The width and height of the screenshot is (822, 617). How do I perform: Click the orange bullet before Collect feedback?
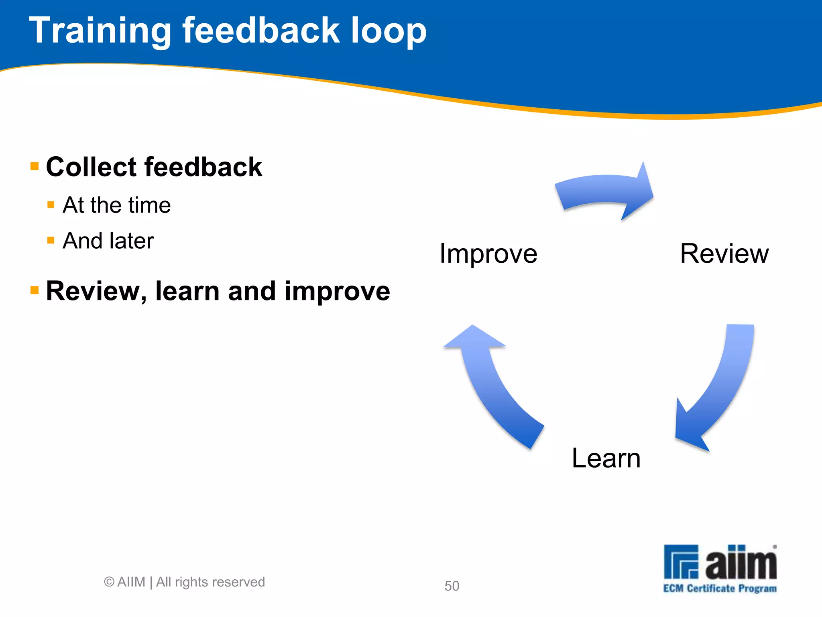click(x=35, y=166)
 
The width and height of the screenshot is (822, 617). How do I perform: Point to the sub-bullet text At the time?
click(x=116, y=205)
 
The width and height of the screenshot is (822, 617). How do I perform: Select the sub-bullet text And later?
click(x=108, y=241)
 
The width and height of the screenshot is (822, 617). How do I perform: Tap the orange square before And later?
click(x=51, y=240)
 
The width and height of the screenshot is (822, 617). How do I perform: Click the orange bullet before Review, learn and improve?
click(x=35, y=290)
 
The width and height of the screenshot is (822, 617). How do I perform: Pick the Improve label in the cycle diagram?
click(x=488, y=254)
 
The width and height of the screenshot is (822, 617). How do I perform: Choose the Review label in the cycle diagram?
click(x=724, y=254)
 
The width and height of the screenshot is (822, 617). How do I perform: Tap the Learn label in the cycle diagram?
click(x=606, y=458)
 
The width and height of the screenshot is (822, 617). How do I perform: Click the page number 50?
click(x=452, y=586)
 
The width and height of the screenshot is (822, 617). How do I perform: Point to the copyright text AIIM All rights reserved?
click(x=185, y=582)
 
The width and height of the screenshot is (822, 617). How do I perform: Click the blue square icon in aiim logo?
click(x=681, y=562)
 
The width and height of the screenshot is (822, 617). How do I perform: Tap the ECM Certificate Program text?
click(x=720, y=588)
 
